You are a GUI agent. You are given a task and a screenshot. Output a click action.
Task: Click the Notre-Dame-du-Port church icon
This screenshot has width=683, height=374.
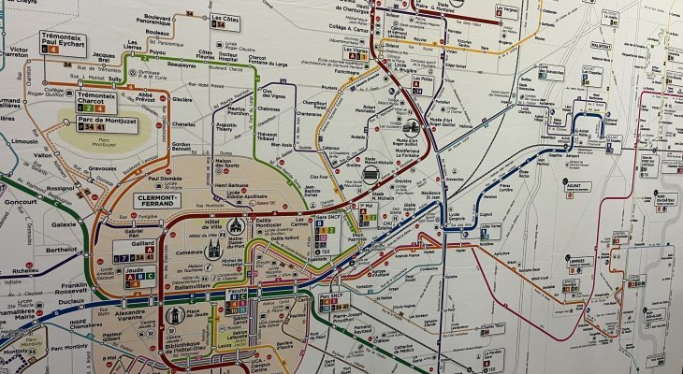point(234,226)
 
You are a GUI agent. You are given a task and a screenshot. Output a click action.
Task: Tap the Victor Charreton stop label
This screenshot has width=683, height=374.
point(18,54)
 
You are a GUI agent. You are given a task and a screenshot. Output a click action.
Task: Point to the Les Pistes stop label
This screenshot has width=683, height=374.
point(423,79)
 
